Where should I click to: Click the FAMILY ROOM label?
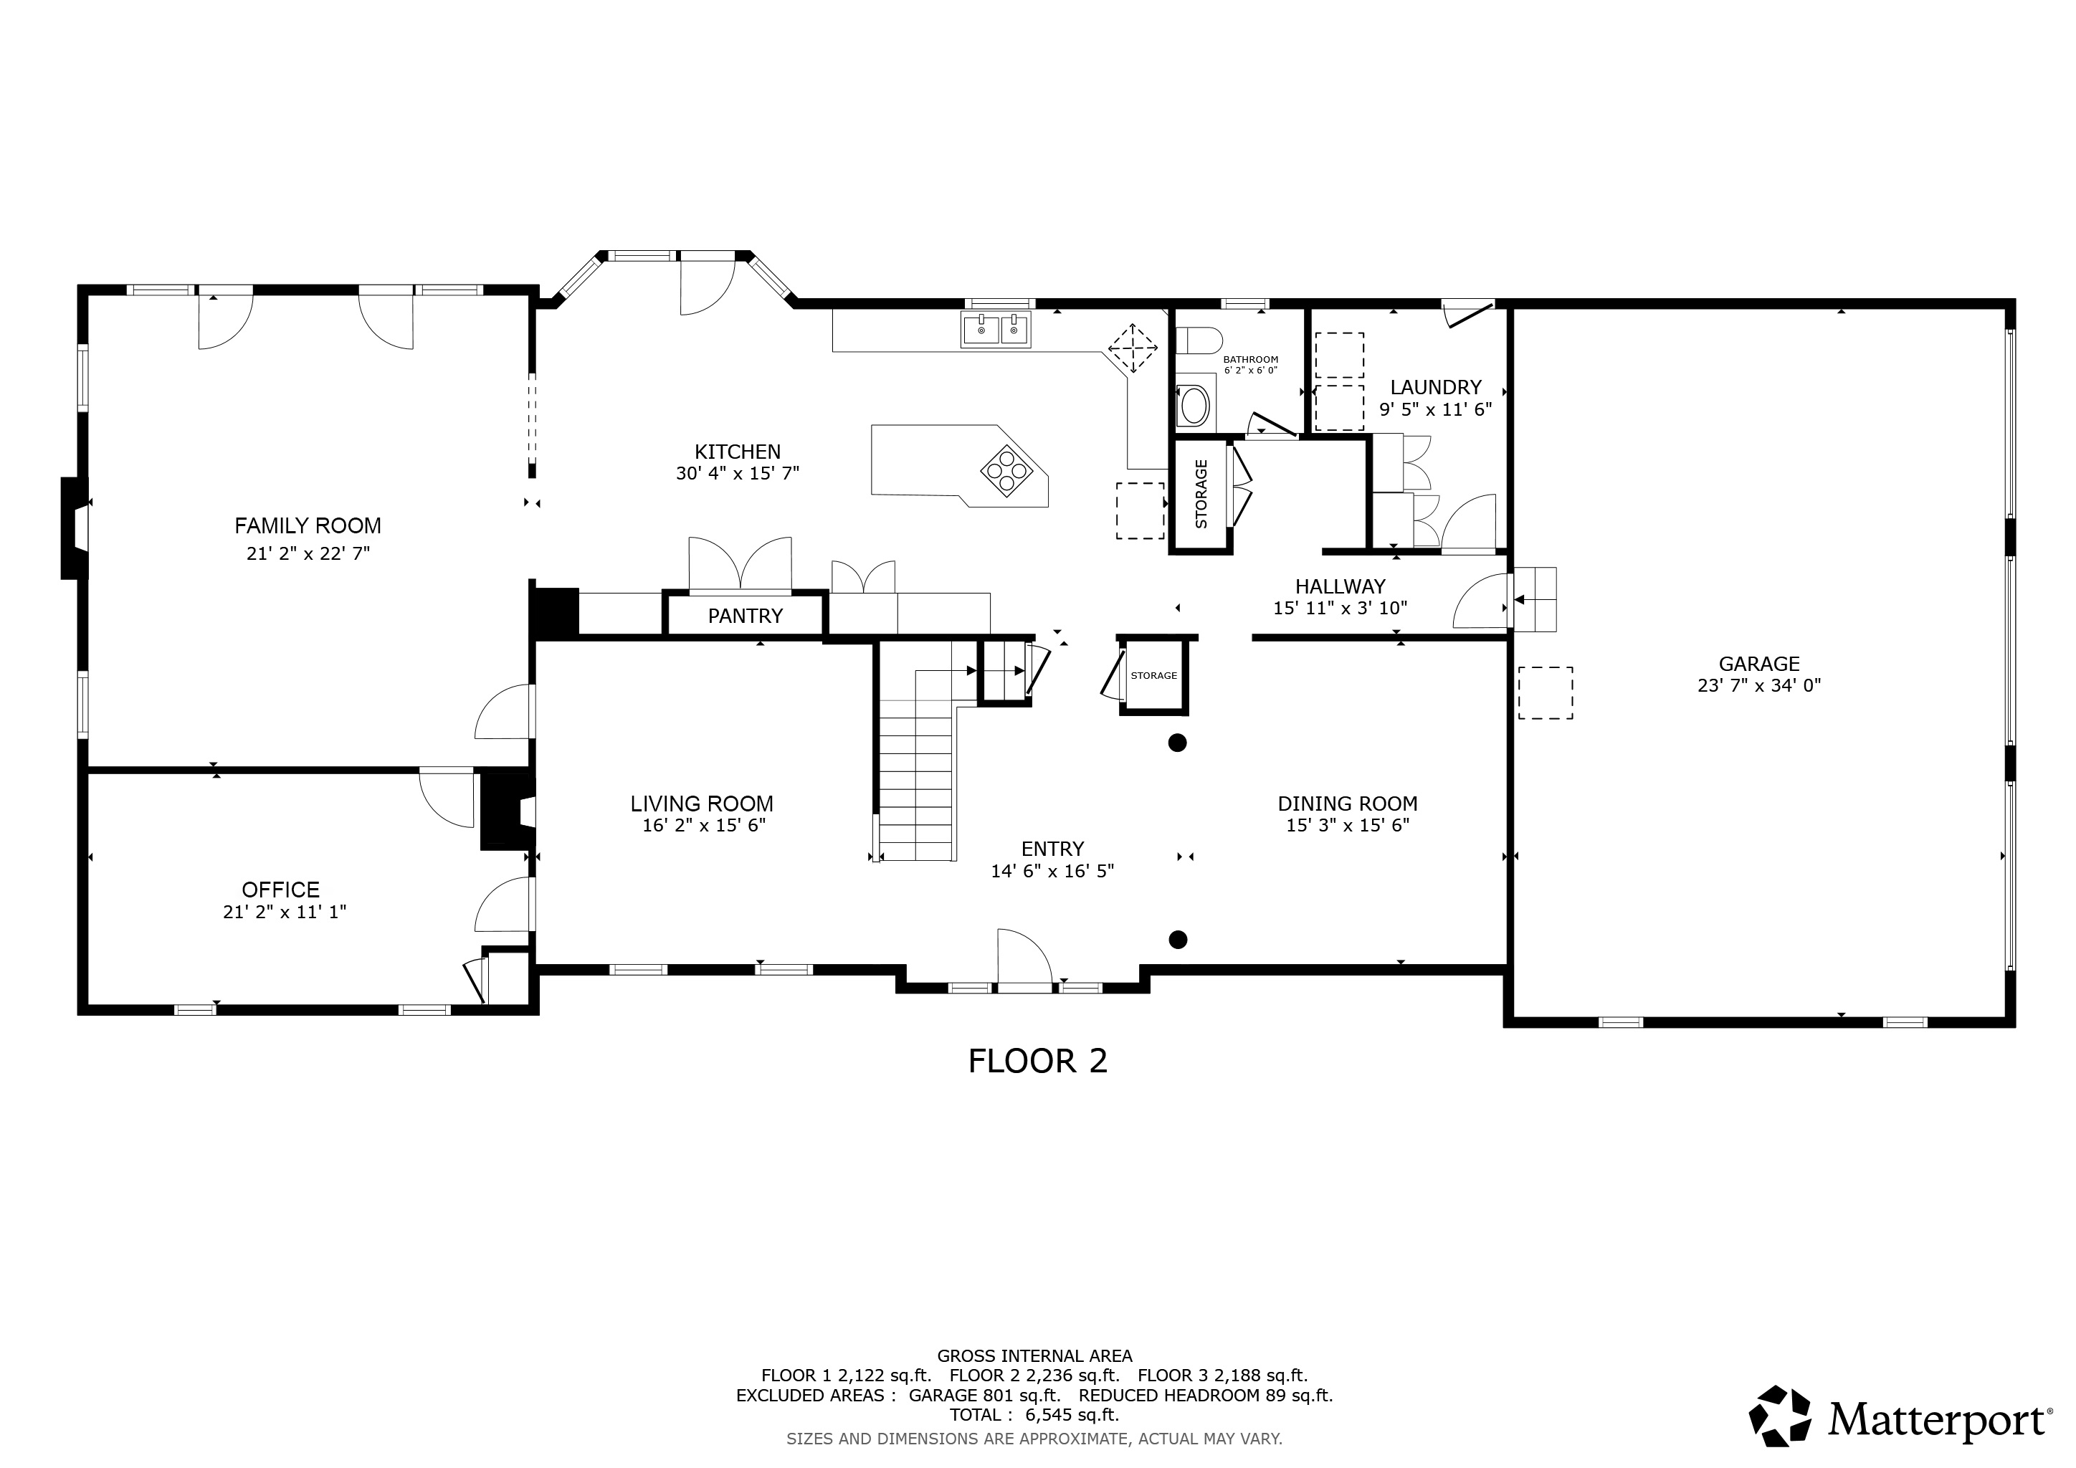(308, 525)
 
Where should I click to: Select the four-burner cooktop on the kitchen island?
(1006, 470)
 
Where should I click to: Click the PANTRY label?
(745, 616)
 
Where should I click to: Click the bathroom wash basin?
(1194, 406)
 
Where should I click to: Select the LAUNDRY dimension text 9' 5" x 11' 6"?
(1435, 409)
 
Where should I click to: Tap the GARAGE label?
(1758, 664)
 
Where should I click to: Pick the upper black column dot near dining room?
(1177, 743)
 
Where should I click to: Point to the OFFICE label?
(280, 890)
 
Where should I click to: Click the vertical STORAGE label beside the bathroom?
(1201, 494)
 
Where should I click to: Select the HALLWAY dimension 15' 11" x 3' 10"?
(1340, 609)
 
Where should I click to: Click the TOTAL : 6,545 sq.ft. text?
(1034, 1415)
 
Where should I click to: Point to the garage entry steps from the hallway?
(1535, 599)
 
